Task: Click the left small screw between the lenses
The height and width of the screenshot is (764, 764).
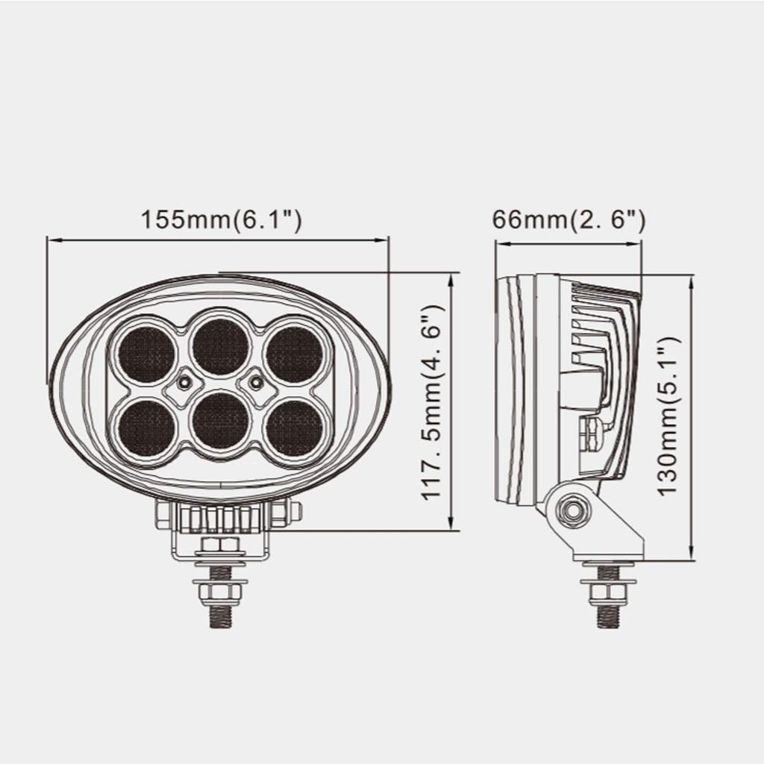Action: [183, 383]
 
